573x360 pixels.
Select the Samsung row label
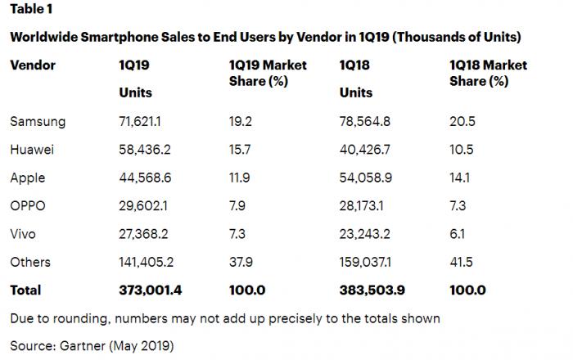[38, 122]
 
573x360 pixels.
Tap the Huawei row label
[33, 150]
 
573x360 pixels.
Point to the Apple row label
[28, 178]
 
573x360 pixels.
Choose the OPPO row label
[29, 205]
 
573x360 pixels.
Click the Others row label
[30, 262]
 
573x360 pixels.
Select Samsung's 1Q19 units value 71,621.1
[145, 122]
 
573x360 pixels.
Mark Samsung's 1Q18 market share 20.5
[462, 122]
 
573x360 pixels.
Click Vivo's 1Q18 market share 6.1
[458, 233]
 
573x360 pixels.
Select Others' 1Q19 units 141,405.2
[148, 262]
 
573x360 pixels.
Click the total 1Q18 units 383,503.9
[372, 290]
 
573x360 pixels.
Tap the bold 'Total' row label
[25, 290]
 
